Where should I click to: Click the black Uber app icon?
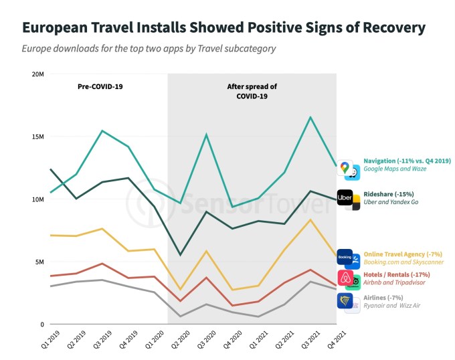[x=345, y=198]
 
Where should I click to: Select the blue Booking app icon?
[x=345, y=257]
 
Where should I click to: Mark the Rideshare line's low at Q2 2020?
[x=180, y=255]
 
